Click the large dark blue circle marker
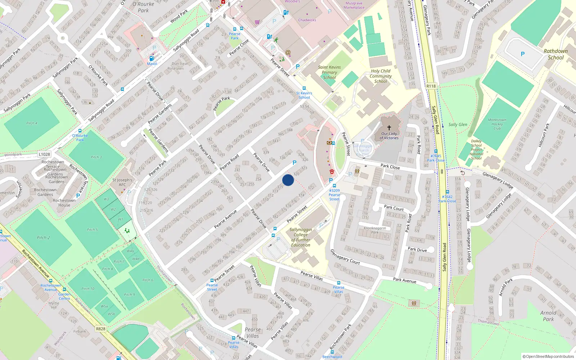[288, 180]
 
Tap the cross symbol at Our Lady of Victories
[389, 127]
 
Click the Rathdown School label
[555, 54]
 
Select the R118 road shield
[431, 86]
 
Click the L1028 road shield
[44, 154]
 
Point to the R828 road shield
[101, 329]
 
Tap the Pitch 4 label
[32, 123]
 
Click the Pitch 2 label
[43, 238]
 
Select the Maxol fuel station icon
[152, 58]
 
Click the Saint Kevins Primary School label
[329, 72]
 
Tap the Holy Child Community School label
[381, 76]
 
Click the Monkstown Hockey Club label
[497, 124]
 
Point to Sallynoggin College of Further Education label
[301, 237]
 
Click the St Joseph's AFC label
[122, 182]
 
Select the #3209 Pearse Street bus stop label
[334, 195]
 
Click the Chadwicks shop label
[307, 20]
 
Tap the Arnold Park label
[548, 316]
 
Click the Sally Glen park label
[458, 125]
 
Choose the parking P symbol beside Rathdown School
[522, 54]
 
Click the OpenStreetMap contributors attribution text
[548, 356]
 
